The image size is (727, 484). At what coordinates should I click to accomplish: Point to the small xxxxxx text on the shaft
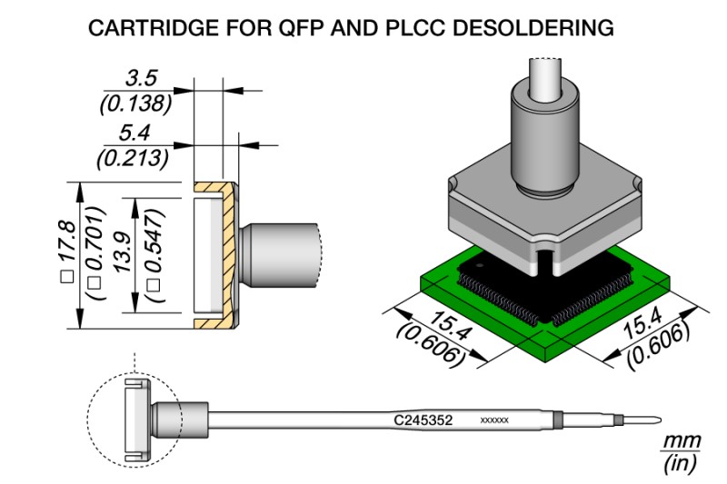[493, 421]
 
